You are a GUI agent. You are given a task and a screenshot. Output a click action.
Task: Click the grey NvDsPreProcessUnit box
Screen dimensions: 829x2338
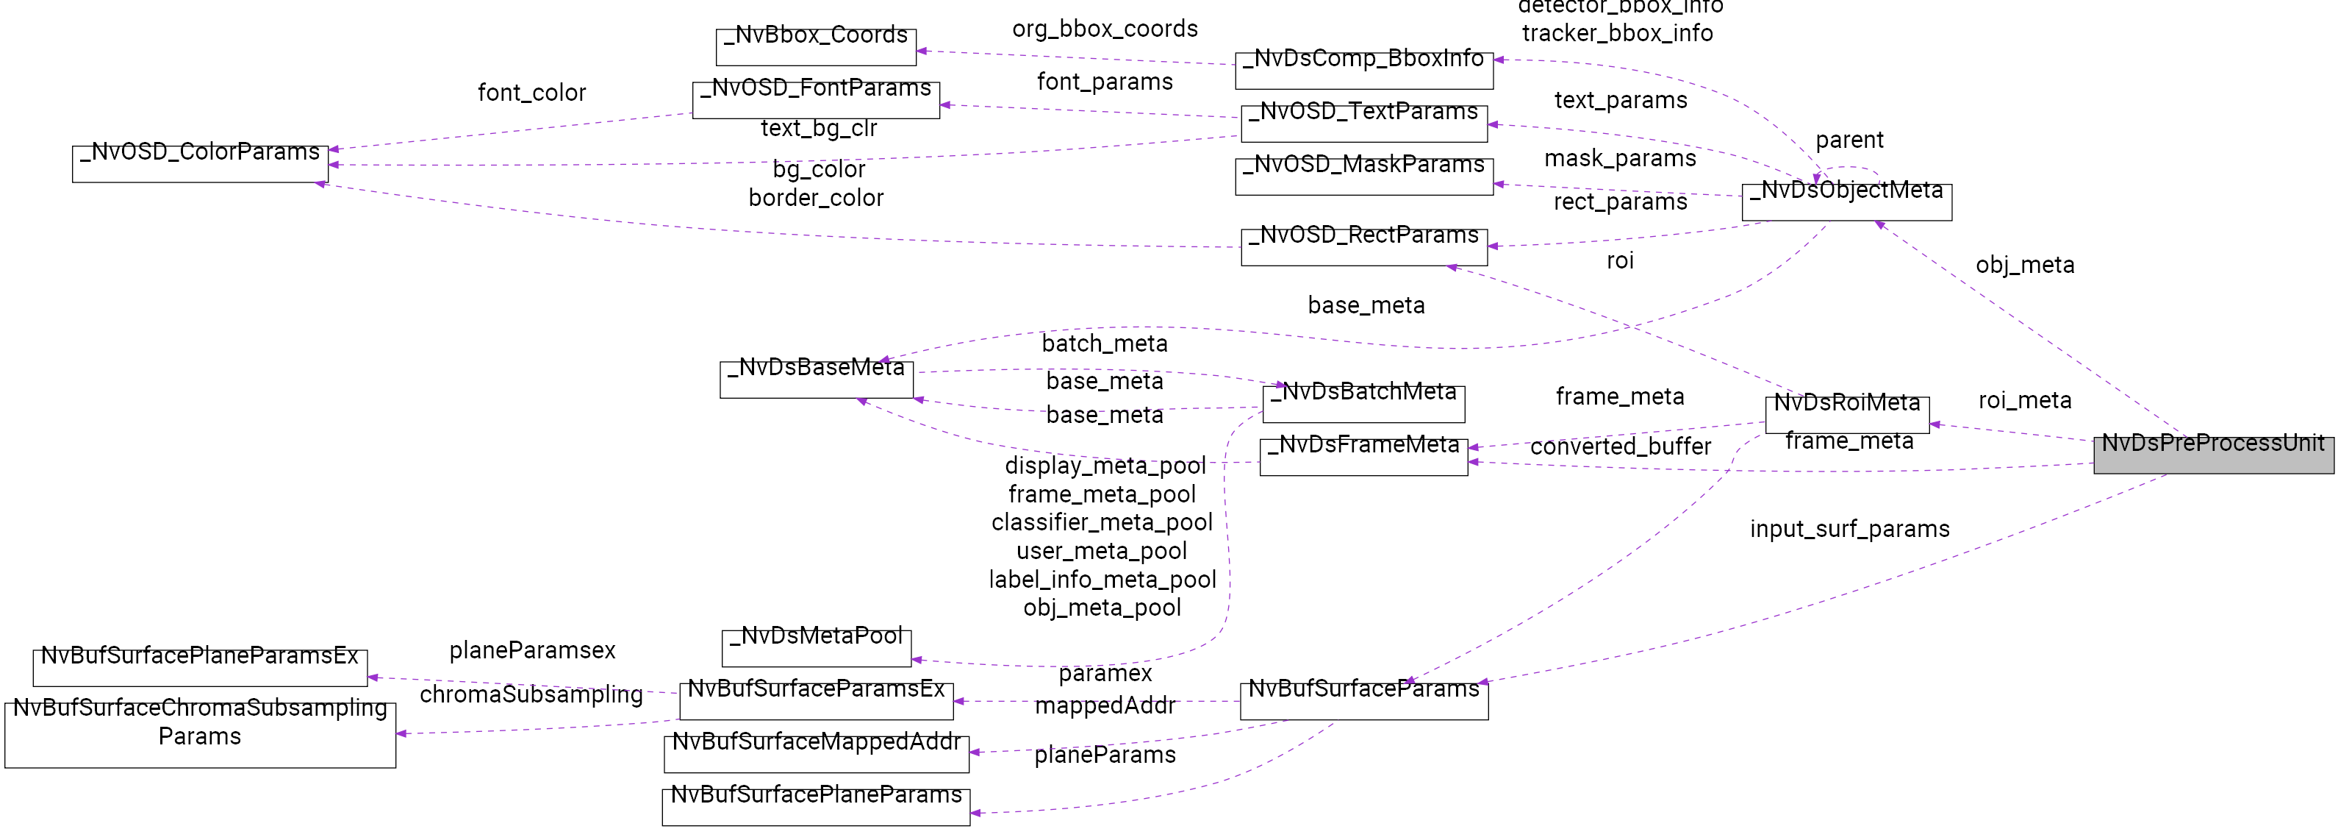2213,454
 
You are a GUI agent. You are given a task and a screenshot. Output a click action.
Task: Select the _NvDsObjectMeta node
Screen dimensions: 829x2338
1846,202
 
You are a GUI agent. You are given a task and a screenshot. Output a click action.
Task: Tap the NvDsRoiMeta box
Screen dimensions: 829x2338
1846,414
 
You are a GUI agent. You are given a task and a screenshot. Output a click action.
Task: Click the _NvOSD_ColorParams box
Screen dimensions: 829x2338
200,163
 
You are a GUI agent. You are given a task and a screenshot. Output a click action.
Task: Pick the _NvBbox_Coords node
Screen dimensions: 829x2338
815,46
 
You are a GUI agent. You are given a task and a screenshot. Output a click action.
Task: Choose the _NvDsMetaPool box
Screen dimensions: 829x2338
816,647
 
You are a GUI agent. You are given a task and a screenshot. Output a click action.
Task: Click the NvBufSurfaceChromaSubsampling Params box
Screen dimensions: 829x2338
200,733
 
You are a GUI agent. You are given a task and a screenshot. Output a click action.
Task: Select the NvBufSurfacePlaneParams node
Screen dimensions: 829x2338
815,806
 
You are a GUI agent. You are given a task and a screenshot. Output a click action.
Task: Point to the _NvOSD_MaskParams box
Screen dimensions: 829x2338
1363,176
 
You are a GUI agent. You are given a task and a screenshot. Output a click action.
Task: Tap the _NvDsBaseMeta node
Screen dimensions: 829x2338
816,379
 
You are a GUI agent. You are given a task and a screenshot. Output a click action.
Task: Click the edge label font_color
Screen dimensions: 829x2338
532,93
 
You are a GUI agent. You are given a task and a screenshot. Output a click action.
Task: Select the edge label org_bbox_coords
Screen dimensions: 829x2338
1105,29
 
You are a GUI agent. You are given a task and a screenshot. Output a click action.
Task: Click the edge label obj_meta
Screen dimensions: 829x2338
2025,265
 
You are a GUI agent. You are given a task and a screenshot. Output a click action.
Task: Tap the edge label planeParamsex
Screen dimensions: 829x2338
532,650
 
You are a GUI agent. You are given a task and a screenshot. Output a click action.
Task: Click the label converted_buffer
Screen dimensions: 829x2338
1620,446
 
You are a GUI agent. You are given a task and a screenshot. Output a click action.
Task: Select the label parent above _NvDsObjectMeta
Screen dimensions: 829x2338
1848,140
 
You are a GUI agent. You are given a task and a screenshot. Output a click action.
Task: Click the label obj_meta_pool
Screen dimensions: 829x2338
1102,608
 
